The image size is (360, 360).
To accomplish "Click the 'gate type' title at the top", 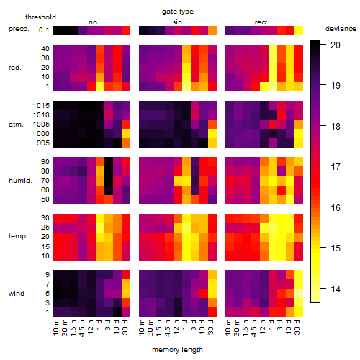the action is point(178,12).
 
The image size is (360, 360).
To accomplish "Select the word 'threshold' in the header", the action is point(40,17).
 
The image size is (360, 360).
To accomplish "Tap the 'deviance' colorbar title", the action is point(341,29).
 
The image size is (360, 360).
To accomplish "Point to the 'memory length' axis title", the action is point(177,350).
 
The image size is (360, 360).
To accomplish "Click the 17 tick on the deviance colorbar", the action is point(336,166).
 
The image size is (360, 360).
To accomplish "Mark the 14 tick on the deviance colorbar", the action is point(336,289).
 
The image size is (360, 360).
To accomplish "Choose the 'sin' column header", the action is point(177,22).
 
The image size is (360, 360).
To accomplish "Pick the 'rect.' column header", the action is point(261,22).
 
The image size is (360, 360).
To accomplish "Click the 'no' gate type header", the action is point(93,22).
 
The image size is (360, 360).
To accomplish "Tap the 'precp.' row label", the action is point(19,29).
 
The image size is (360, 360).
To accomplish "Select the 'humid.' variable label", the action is point(20,180).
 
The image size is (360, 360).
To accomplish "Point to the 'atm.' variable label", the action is point(16,125).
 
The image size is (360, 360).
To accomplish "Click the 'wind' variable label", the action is point(17,294).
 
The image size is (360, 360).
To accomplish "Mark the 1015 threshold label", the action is point(41,106).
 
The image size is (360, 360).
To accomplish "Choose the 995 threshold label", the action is point(43,143).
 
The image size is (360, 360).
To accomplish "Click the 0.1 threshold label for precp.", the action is point(44,30).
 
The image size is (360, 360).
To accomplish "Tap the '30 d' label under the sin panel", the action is point(211,327).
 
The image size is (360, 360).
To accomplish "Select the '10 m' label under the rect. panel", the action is point(228,327).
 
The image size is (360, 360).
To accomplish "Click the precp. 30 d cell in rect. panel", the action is point(299,30).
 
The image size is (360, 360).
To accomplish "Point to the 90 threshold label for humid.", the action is point(45,162).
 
